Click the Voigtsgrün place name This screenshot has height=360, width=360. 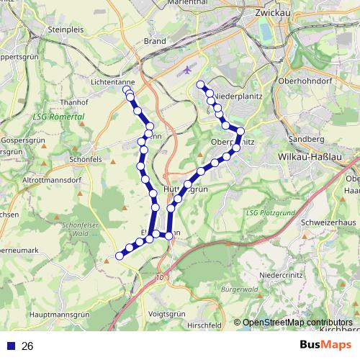click(167, 315)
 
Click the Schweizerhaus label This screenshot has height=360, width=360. click(329, 222)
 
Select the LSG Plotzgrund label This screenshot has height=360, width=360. click(271, 212)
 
